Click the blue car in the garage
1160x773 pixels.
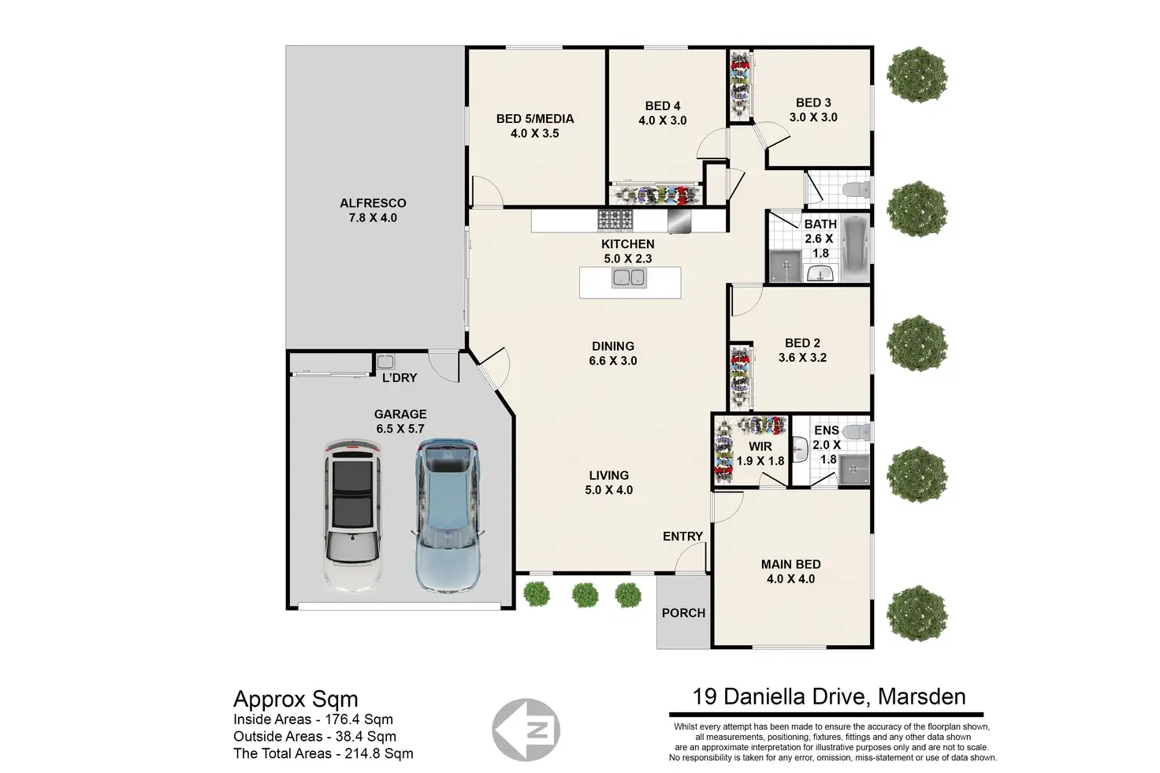point(448,515)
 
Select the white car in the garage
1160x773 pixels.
point(353,515)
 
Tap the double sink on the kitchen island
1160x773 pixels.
point(629,277)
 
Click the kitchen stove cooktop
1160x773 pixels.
point(615,220)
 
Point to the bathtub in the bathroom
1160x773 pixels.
point(855,249)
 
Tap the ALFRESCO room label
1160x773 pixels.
point(373,203)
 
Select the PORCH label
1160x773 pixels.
point(683,613)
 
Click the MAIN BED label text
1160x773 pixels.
point(790,564)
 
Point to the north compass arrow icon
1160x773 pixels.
point(526,730)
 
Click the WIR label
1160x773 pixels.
point(760,446)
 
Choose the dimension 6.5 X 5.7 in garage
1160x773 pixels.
point(400,429)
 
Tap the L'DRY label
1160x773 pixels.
point(400,378)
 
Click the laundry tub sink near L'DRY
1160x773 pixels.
point(385,362)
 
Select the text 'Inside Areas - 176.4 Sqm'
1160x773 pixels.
point(314,719)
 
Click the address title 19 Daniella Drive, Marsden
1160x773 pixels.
point(829,697)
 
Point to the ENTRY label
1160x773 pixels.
point(682,537)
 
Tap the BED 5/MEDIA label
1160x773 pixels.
point(535,118)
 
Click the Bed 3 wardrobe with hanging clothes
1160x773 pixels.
point(741,84)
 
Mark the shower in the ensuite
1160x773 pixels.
point(853,470)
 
